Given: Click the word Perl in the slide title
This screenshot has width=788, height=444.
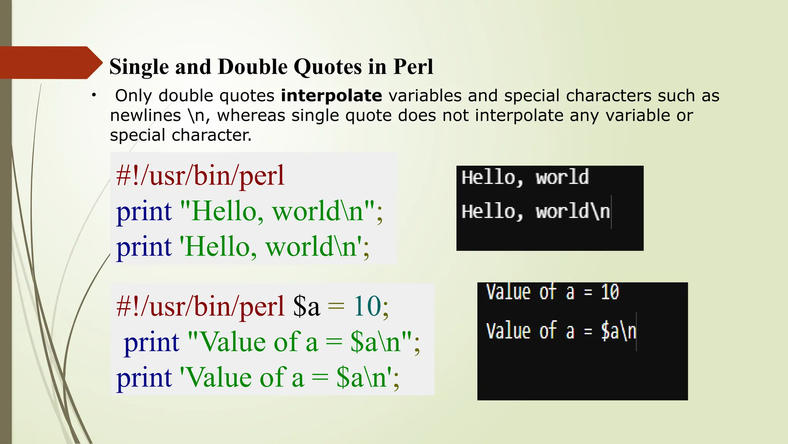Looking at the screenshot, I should pos(413,67).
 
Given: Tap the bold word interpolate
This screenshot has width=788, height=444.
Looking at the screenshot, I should pos(331,96).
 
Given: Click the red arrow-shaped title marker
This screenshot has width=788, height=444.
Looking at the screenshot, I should pos(50,62).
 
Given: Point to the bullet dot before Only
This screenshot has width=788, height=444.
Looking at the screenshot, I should pos(93,96).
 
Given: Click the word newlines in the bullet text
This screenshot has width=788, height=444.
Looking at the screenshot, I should pos(145,115).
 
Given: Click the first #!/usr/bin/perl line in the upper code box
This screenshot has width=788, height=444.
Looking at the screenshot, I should pos(200,176).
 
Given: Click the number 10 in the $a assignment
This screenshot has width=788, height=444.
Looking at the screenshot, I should pos(367,306).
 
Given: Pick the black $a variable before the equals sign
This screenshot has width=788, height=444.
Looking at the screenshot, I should pos(306,306).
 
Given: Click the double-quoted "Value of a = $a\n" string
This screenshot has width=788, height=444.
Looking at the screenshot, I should pos(300,342).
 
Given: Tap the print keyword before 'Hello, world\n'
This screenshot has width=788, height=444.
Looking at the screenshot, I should pos(144,247).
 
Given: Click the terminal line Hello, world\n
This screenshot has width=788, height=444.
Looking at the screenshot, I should pos(536,212).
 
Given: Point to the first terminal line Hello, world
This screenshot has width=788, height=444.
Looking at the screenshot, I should pos(525,178).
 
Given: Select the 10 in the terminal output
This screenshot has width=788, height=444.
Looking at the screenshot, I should pos(610,292).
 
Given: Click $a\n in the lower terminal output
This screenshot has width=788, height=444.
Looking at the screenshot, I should pos(619,331).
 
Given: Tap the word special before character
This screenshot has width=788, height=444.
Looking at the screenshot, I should pos(138,135).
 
